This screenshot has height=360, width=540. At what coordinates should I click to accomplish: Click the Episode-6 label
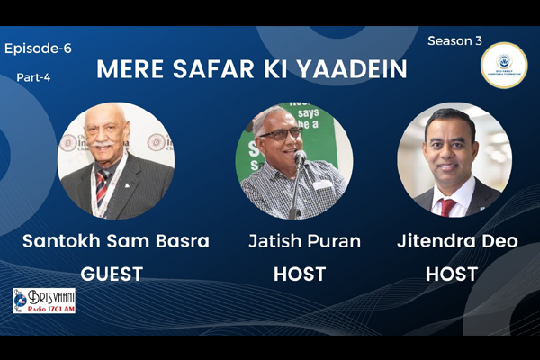pyautogui.click(x=38, y=49)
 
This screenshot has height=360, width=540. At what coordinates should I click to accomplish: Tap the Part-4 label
pyautogui.click(x=34, y=77)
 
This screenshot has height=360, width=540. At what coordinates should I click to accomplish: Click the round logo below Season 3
pyautogui.click(x=504, y=65)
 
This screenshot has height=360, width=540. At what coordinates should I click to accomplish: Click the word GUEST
pyautogui.click(x=112, y=274)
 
